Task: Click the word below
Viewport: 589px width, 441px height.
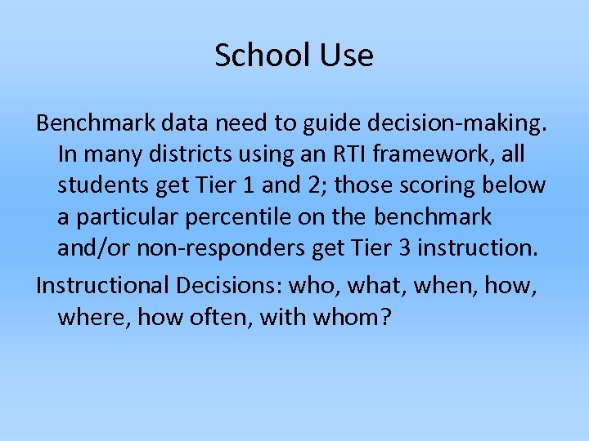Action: pos(515,185)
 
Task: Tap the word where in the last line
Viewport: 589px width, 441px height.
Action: pos(93,317)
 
